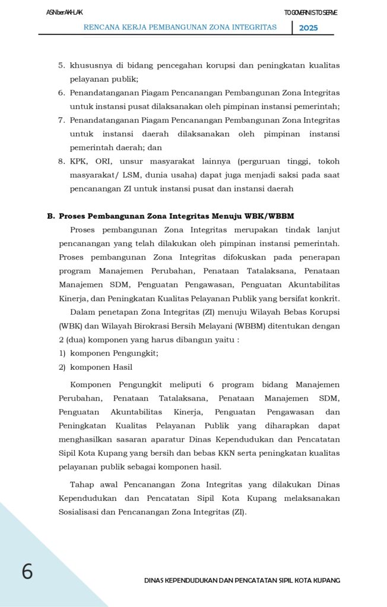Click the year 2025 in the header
coord(308,28)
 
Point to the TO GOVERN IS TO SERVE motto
coord(310,12)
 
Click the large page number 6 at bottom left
coord(27,571)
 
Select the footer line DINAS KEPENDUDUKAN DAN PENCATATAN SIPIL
coord(242,580)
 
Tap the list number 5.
coord(61,65)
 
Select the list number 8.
coord(61,161)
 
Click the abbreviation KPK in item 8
coord(78,161)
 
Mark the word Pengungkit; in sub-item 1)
coord(132,353)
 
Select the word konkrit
coord(326,298)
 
